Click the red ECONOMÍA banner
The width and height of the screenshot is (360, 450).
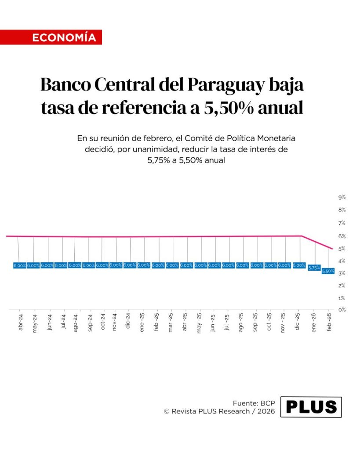click(51, 37)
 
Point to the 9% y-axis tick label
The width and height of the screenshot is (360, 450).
click(342, 197)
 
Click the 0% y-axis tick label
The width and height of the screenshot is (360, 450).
click(342, 310)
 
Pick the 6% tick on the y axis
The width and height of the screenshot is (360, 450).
click(342, 236)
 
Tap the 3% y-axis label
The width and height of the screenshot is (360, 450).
click(342, 273)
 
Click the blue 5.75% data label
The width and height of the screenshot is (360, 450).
click(314, 268)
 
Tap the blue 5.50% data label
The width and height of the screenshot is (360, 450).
click(328, 271)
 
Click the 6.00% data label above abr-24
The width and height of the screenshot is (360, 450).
click(20, 265)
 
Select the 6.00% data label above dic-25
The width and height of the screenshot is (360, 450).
click(299, 265)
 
